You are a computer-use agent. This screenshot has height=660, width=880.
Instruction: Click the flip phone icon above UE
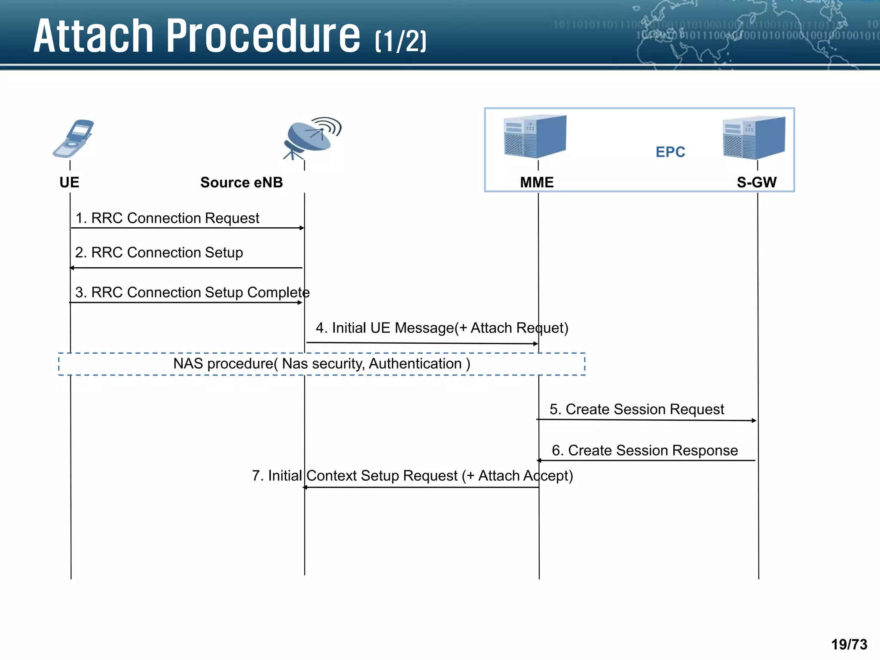point(73,138)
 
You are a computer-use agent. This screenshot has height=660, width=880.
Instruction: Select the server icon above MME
point(535,136)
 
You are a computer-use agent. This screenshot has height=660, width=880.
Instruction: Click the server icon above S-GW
point(754,137)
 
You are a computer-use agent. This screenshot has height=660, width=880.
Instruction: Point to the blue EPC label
point(670,152)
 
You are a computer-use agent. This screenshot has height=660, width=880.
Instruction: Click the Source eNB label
point(241,183)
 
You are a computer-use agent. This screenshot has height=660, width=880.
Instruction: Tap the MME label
point(537,183)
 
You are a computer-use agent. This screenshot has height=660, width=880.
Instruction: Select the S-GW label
point(756,183)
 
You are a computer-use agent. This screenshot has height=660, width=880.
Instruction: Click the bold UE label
point(69,183)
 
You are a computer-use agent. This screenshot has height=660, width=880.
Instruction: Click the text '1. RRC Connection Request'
point(167,218)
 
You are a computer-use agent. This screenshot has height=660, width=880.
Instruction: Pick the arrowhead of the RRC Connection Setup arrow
point(72,268)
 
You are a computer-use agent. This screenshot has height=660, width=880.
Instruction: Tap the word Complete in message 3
point(278,293)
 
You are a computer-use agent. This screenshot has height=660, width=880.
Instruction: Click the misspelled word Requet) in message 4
point(542,328)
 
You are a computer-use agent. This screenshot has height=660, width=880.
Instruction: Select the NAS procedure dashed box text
point(321,364)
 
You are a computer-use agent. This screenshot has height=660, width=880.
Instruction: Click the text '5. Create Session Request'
point(636,409)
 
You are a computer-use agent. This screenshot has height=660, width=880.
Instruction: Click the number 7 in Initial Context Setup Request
point(256,476)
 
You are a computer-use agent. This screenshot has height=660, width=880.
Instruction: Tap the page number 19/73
point(849,645)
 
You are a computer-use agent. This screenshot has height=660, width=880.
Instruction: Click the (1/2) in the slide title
point(400,42)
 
